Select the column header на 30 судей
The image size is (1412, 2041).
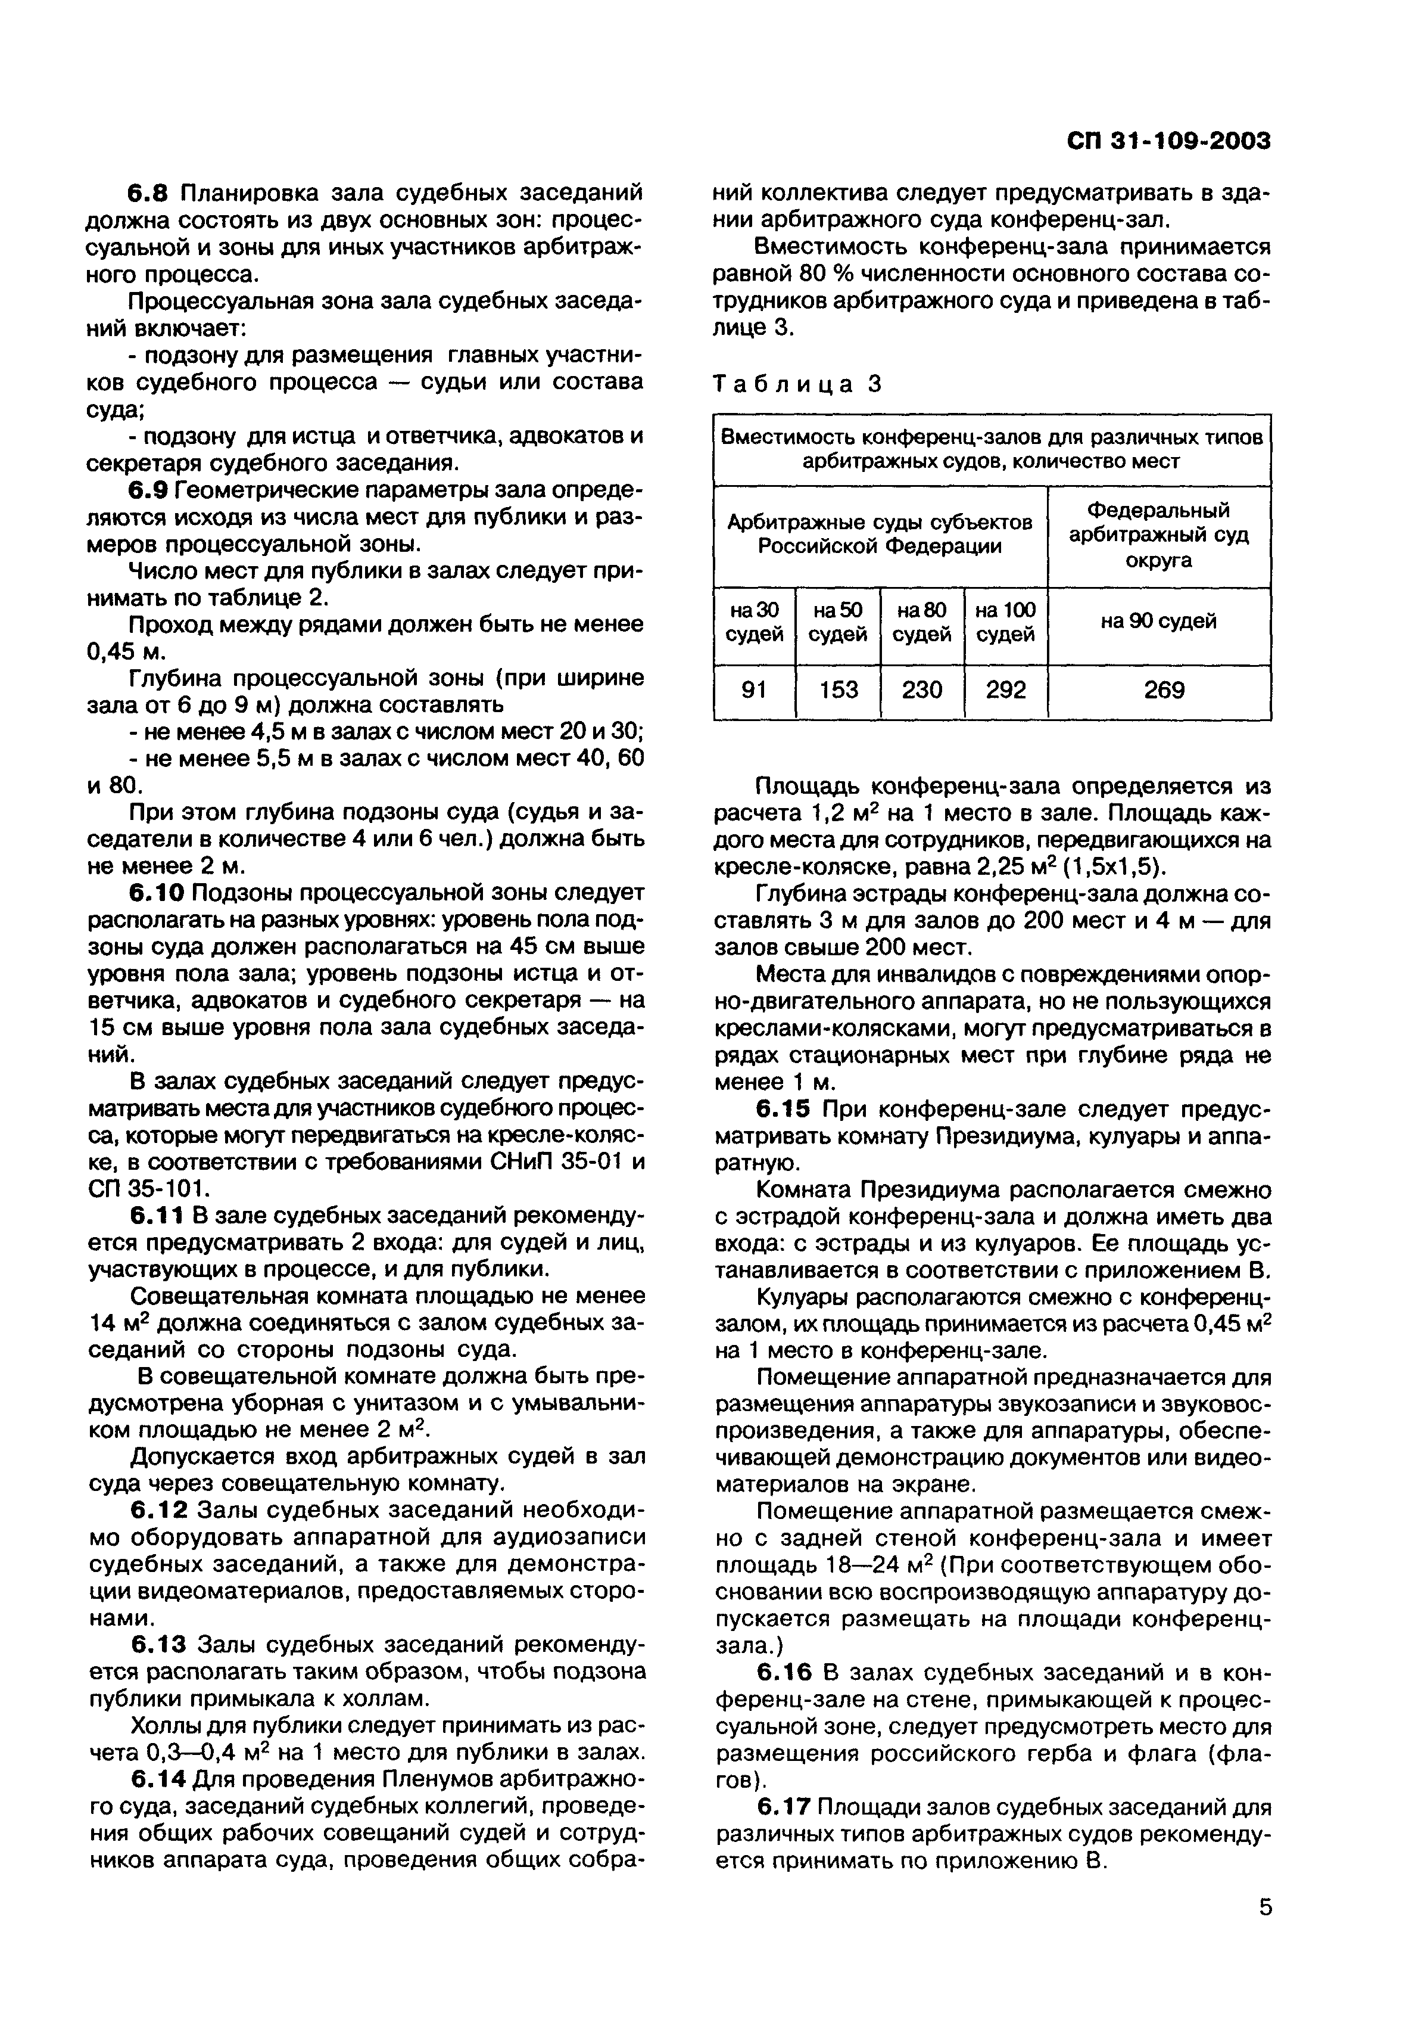click(x=755, y=622)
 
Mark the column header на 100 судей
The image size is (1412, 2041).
click(x=1006, y=622)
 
